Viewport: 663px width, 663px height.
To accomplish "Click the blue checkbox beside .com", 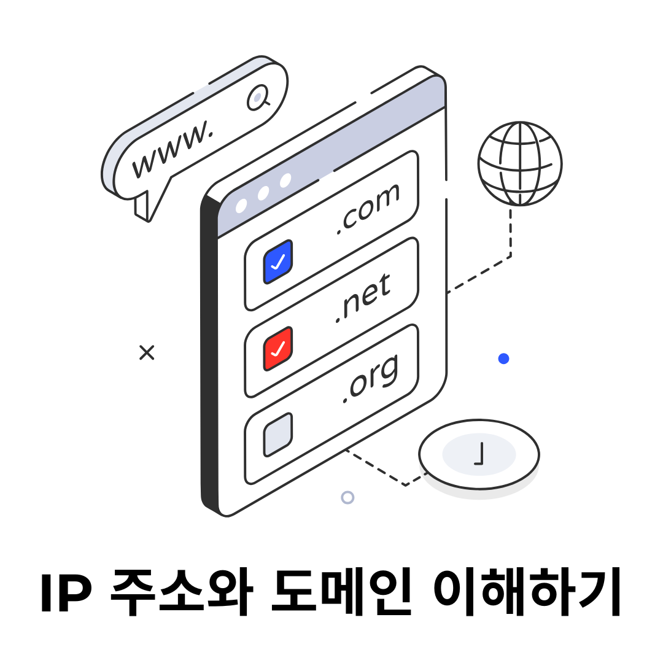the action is [278, 262].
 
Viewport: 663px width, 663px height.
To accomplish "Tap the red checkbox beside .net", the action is [278, 348].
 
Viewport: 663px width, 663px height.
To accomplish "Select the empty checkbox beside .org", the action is [278, 434].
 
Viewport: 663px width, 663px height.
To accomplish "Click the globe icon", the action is [520, 163].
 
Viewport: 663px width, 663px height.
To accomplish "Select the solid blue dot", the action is [503, 359].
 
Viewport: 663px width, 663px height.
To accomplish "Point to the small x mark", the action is [147, 352].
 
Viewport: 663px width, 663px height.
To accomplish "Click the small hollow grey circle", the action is [347, 497].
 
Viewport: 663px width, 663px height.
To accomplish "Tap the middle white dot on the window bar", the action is [263, 193].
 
